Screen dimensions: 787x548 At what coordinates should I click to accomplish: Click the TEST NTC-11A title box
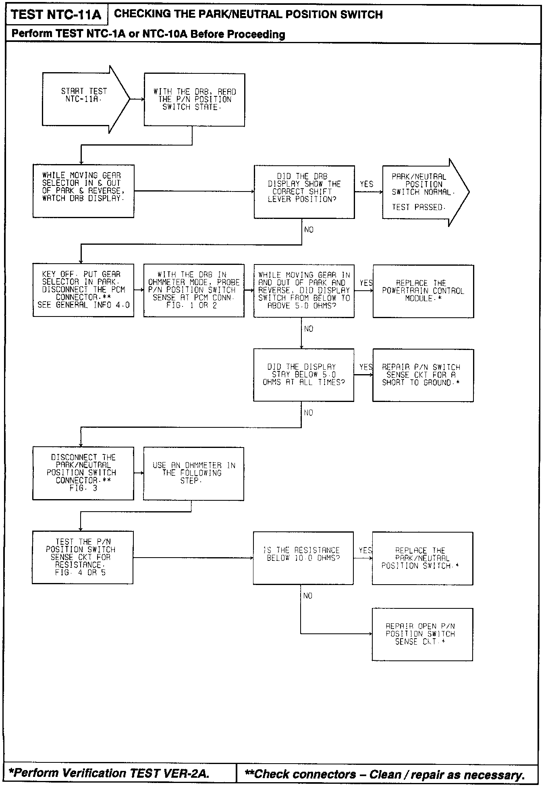pos(56,15)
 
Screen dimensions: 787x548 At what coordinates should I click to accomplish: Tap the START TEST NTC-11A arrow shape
pos(85,99)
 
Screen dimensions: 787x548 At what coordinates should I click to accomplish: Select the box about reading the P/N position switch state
pos(194,100)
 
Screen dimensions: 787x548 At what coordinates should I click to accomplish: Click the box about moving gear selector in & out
pos(83,191)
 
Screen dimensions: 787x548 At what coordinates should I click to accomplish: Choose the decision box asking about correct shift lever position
pos(304,192)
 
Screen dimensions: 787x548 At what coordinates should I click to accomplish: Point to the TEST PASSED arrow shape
pos(423,192)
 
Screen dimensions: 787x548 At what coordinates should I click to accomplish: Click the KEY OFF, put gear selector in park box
pos(83,290)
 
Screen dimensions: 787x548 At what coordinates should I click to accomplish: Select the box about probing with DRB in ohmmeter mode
pos(194,290)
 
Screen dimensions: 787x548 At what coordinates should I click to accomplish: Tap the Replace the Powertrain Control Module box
pos(423,291)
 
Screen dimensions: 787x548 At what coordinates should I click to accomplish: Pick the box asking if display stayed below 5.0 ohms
pos(303,375)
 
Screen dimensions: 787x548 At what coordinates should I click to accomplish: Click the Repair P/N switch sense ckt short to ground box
pos(423,375)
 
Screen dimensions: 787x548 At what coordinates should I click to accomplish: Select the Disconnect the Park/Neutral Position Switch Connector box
pos(83,473)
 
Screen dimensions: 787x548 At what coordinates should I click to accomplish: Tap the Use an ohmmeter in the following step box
pos(193,473)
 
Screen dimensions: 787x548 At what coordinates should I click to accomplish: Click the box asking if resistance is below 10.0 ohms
pos(303,558)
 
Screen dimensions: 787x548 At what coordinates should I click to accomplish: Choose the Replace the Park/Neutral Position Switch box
pos(422,558)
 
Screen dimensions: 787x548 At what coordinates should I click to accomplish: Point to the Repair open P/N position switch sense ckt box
pos(422,634)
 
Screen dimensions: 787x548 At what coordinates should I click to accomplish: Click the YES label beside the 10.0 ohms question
pos(365,550)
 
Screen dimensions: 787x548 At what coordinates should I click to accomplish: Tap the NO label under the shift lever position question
pos(309,229)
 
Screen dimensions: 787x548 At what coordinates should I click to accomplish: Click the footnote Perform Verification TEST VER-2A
pos(109,773)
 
